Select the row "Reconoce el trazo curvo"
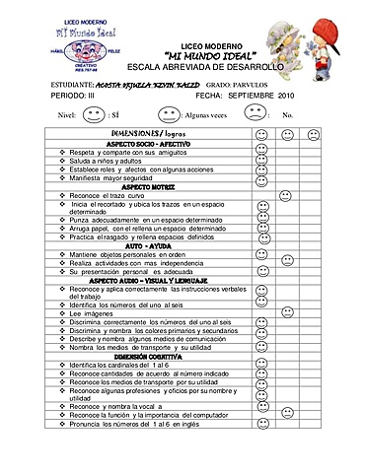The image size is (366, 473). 110,195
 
